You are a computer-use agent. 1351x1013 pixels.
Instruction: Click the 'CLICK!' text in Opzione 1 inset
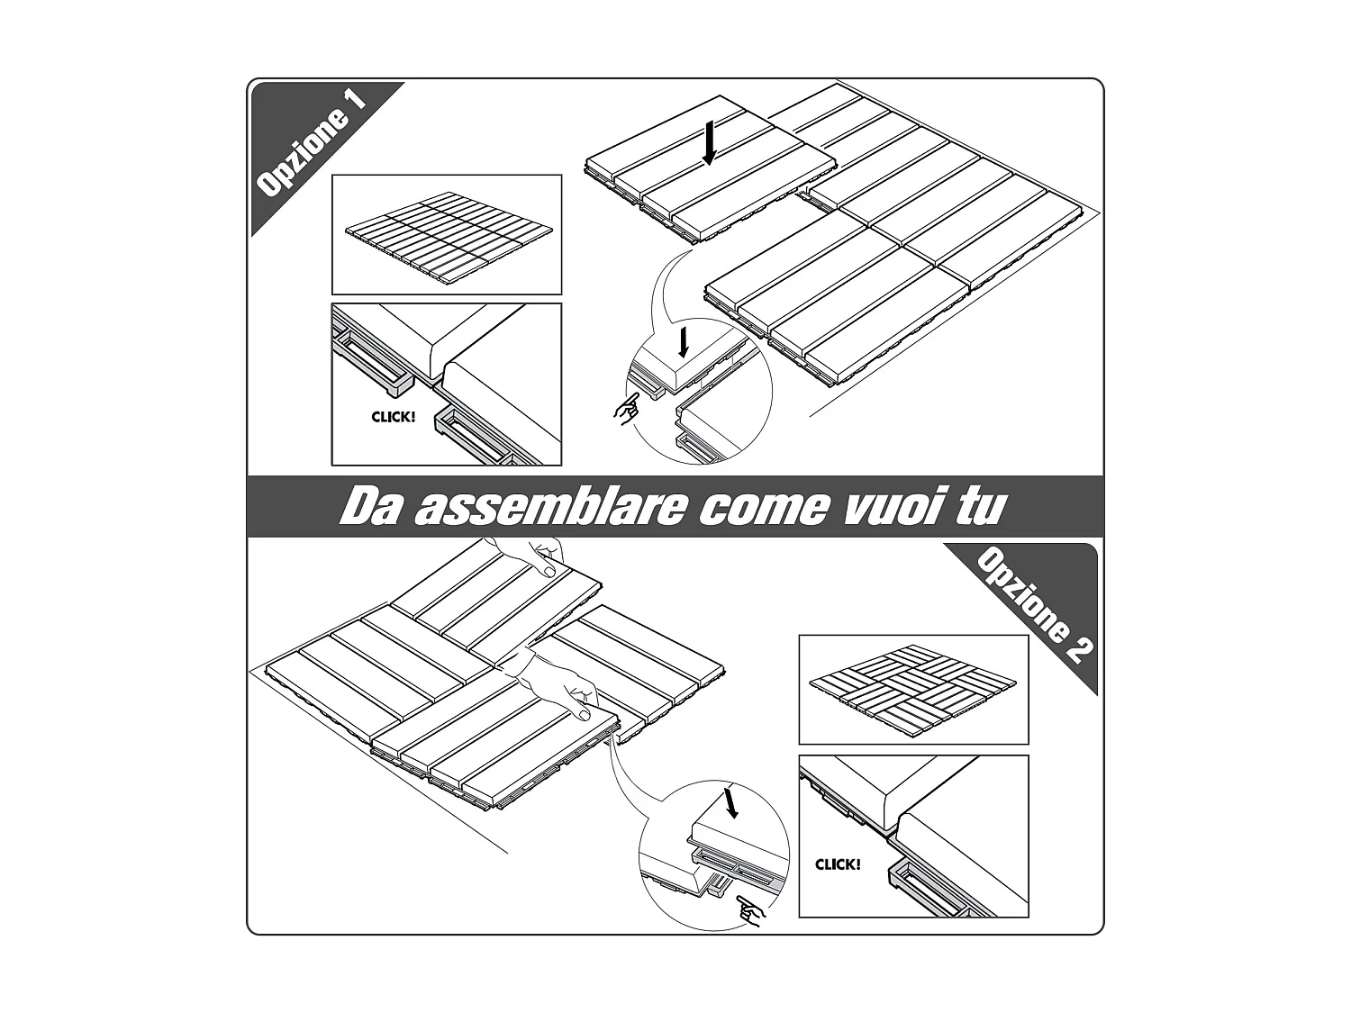(x=394, y=417)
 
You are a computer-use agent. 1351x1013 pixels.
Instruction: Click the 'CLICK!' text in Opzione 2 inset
(x=838, y=864)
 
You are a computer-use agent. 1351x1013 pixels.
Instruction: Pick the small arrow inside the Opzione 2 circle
(x=731, y=802)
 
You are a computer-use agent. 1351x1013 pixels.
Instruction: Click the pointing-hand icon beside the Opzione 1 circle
(x=626, y=410)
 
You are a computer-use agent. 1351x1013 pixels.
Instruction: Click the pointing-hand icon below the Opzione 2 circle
(x=748, y=909)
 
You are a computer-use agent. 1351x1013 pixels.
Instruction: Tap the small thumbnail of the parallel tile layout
(x=447, y=235)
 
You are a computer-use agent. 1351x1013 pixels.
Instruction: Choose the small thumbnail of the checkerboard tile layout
(x=913, y=689)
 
